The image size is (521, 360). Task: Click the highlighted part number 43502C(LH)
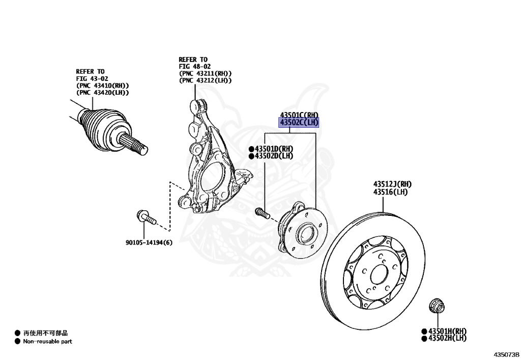[x=299, y=123]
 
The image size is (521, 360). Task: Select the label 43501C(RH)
[x=299, y=116]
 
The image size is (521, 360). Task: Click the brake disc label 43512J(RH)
[x=392, y=184]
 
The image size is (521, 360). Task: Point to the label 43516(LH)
[x=390, y=191]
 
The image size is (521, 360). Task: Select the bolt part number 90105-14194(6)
[x=149, y=242]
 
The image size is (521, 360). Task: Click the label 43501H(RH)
[x=447, y=330]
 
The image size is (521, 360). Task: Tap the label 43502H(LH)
[x=447, y=338]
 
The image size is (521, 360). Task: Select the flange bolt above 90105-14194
[x=146, y=218]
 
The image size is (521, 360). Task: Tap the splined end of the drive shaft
[x=137, y=145]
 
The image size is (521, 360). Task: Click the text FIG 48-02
[x=194, y=66]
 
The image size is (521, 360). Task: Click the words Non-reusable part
[x=47, y=341]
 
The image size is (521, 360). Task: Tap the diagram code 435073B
[x=505, y=353]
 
